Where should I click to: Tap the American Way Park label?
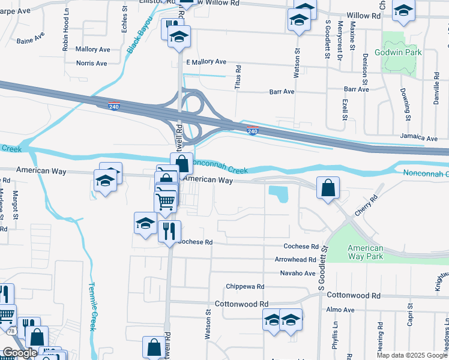tap(365, 252)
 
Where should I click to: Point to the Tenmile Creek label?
tap(93, 305)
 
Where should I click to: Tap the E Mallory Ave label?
tap(206, 62)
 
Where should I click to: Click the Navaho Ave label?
tap(298, 273)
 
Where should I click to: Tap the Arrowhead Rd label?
tap(295, 260)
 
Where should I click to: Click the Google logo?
tap(20, 353)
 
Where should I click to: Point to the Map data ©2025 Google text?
tap(411, 355)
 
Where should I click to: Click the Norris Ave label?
tap(92, 63)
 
